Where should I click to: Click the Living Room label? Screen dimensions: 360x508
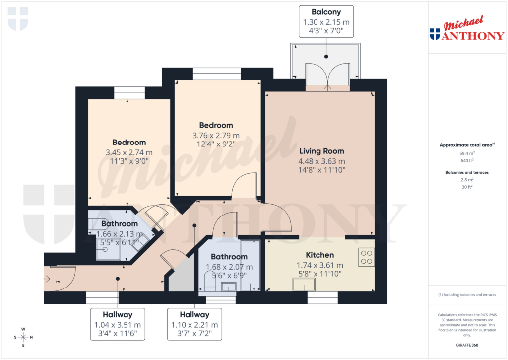pyautogui.click(x=321, y=151)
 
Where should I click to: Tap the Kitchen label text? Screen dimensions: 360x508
pyautogui.click(x=319, y=255)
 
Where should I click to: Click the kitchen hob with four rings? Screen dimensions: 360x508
pyautogui.click(x=367, y=256)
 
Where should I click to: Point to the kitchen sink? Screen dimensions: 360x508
pyautogui.click(x=304, y=285)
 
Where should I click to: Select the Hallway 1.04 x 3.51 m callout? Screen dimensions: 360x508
pyautogui.click(x=118, y=324)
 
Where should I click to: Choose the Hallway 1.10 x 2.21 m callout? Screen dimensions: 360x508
pyautogui.click(x=194, y=324)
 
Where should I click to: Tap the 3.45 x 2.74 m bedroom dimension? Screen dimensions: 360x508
pyautogui.click(x=129, y=152)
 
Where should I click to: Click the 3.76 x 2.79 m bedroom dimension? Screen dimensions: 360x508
pyautogui.click(x=216, y=135)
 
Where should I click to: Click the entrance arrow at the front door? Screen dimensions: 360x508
pyautogui.click(x=47, y=279)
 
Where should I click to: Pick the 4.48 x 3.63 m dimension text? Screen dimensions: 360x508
pyautogui.click(x=321, y=161)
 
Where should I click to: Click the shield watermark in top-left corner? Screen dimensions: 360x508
pyautogui.click(x=18, y=18)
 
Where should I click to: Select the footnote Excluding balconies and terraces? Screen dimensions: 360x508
pyautogui.click(x=466, y=295)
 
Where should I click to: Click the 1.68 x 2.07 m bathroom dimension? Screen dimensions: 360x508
pyautogui.click(x=229, y=267)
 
